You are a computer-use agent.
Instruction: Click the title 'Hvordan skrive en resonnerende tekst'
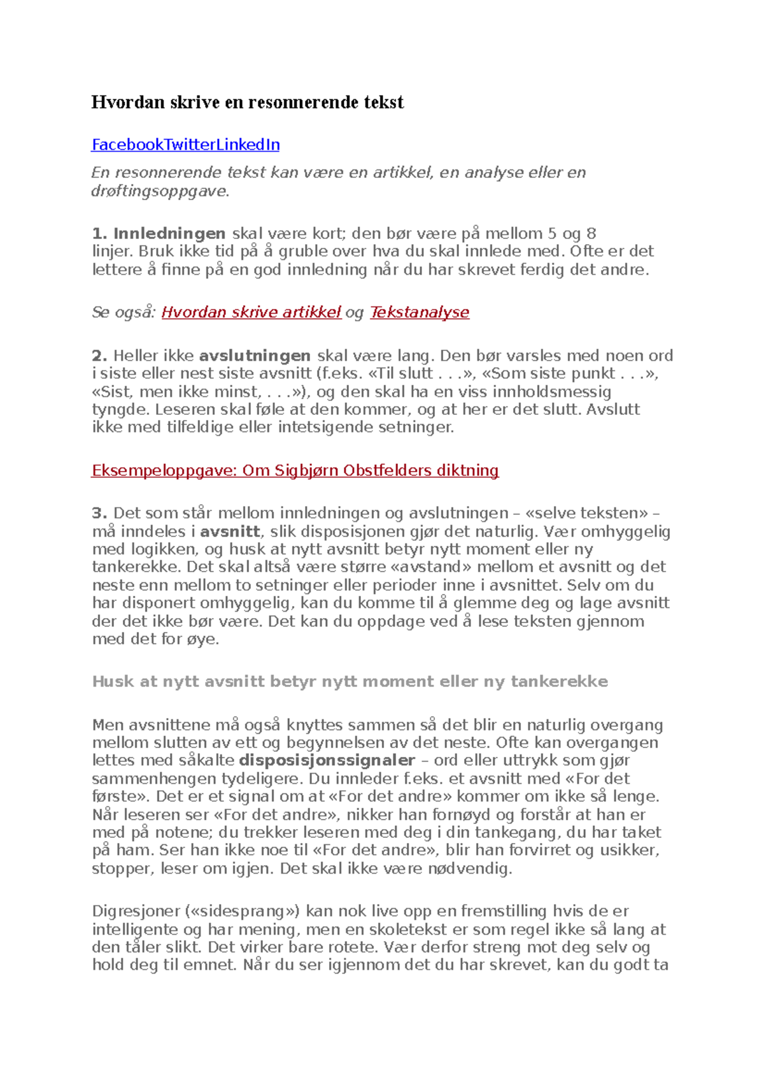(x=247, y=103)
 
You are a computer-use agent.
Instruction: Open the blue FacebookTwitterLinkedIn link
(x=185, y=145)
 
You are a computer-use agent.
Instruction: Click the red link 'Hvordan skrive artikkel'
(x=251, y=312)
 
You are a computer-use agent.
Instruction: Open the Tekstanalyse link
(x=419, y=312)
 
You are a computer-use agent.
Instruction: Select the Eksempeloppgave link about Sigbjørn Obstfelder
(x=295, y=470)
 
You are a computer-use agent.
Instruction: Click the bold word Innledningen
(x=169, y=233)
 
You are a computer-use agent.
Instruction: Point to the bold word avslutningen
(x=255, y=356)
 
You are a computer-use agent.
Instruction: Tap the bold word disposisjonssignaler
(x=327, y=760)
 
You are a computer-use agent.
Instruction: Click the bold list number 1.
(x=99, y=233)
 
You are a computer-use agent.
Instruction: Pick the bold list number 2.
(x=99, y=356)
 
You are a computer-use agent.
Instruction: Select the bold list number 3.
(x=99, y=513)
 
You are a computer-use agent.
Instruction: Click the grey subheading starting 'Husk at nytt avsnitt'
(x=350, y=681)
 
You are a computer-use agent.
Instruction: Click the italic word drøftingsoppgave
(x=159, y=191)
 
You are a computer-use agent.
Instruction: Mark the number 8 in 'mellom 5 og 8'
(x=590, y=233)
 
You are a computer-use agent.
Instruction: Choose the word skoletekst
(x=417, y=929)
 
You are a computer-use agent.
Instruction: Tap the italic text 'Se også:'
(x=124, y=312)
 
